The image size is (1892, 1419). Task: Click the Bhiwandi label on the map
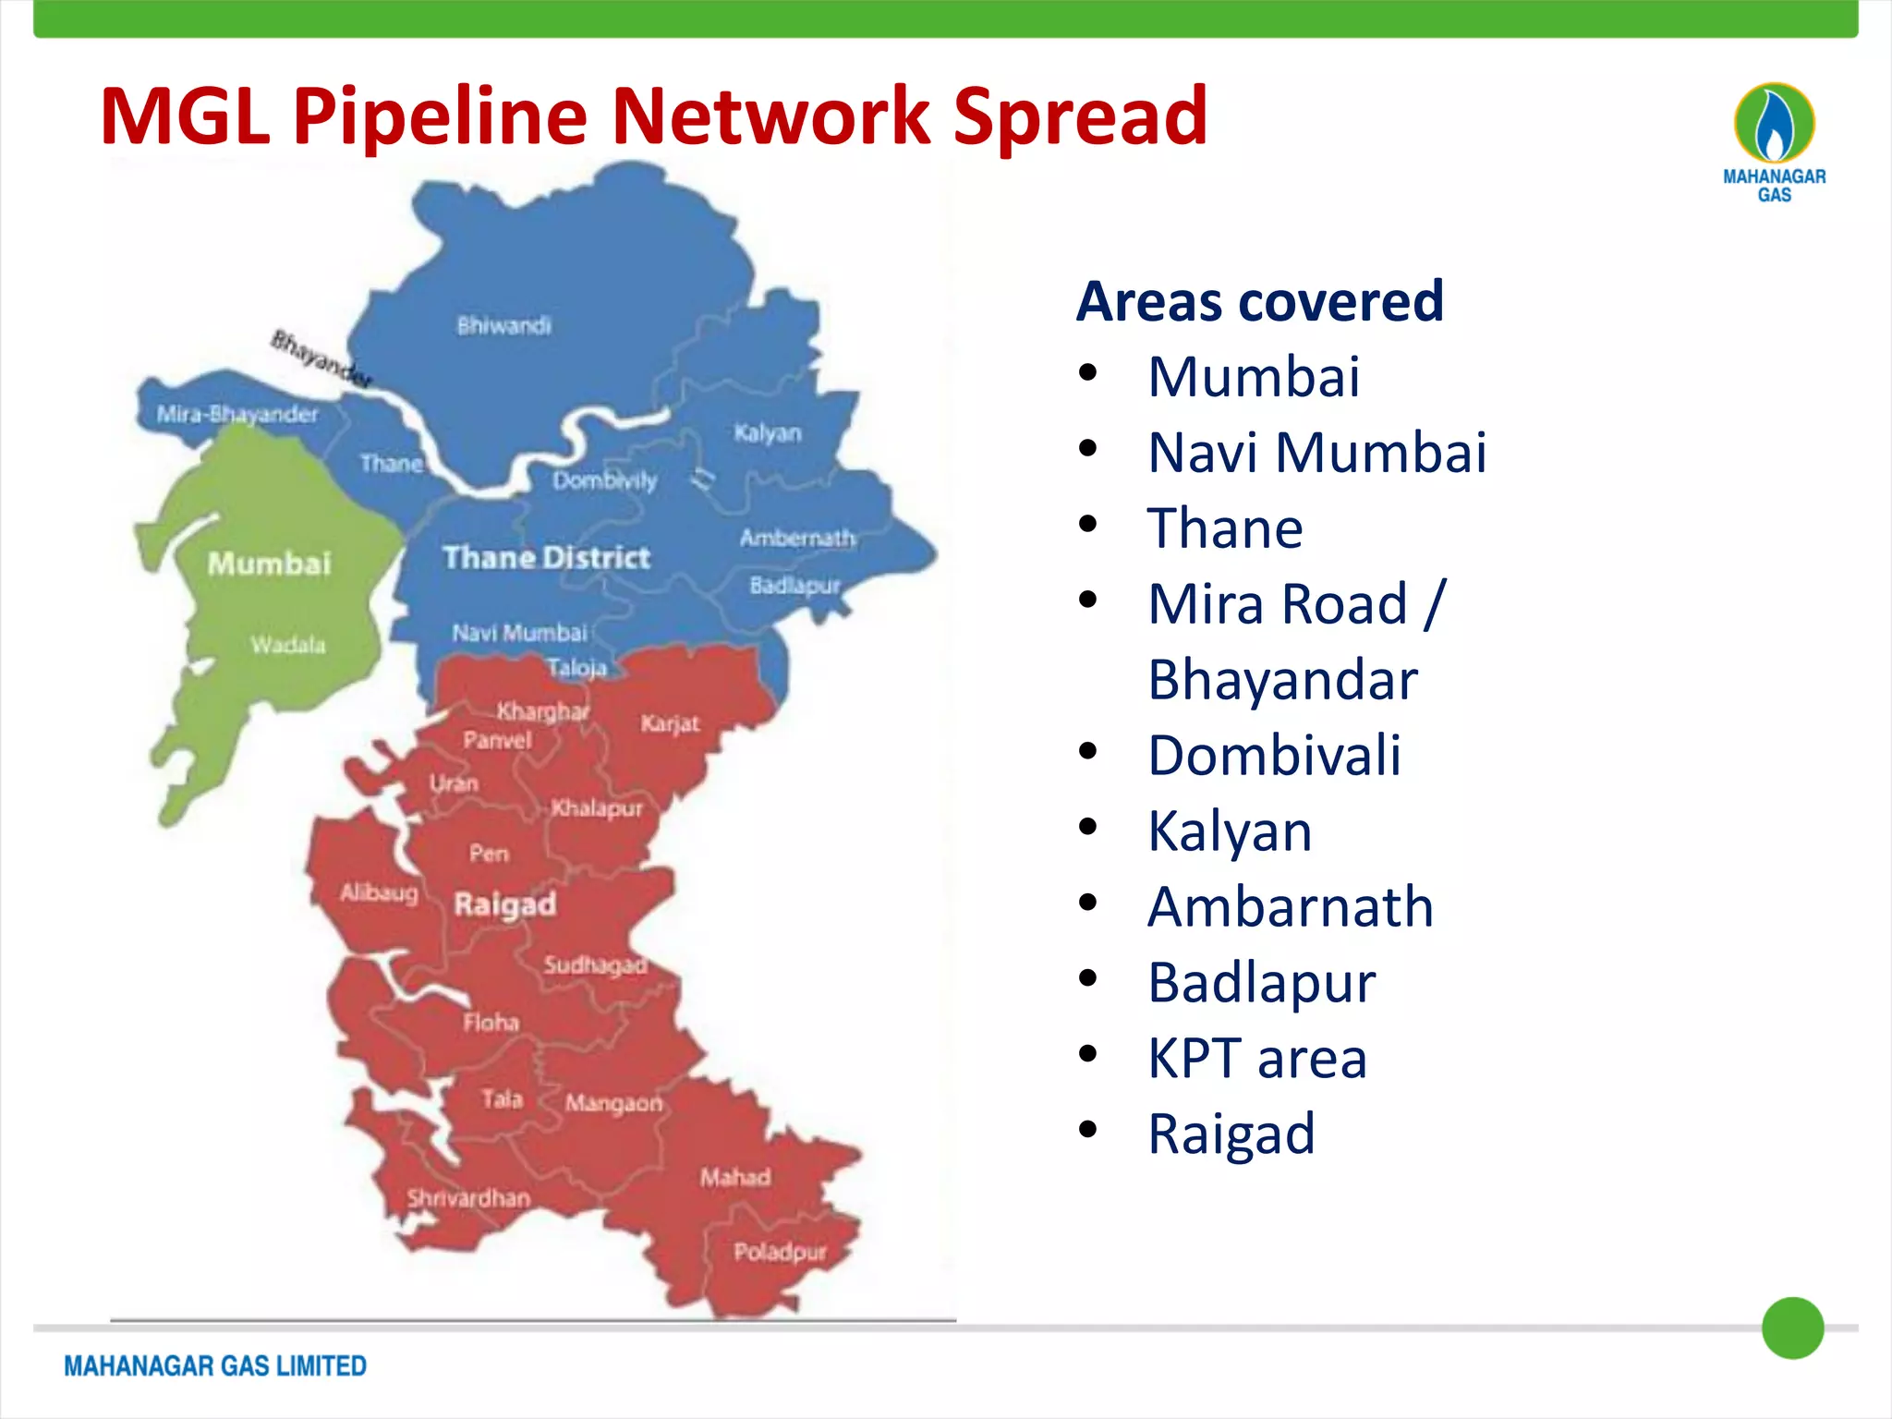point(503,325)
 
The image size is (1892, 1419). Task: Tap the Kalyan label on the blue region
point(767,432)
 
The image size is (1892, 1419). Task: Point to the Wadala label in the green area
point(287,644)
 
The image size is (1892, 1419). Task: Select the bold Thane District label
point(546,557)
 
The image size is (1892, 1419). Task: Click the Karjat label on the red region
point(670,723)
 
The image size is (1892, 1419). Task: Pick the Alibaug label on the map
point(379,892)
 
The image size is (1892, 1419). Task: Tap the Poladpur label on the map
point(780,1252)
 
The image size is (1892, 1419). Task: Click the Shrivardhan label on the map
point(468,1198)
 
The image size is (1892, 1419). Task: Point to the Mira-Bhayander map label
point(236,414)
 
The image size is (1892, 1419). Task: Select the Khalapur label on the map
point(596,808)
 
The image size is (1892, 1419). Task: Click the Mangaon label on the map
point(613,1103)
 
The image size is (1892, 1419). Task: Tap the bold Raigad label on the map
point(504,904)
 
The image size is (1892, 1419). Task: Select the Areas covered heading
point(1259,301)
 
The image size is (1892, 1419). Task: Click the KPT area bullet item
point(1256,1058)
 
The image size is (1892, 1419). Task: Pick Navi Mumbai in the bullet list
point(1316,453)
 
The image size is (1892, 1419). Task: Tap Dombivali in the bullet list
point(1274,755)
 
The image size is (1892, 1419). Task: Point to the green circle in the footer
point(1792,1328)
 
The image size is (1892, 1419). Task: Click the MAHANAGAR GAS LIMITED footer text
point(215,1365)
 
